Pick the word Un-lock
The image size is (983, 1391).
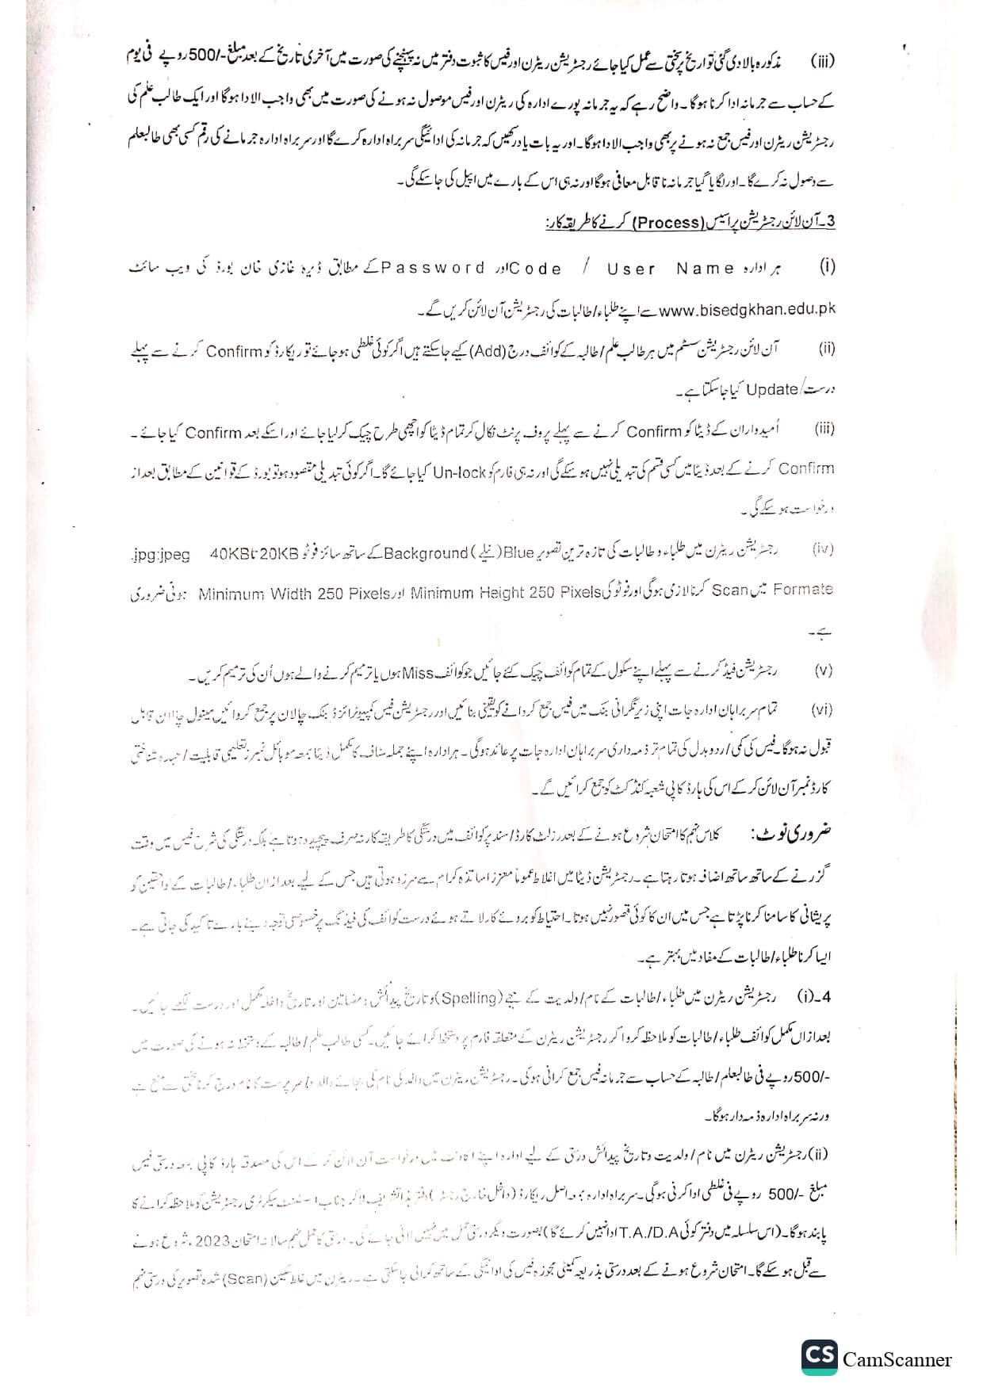(x=459, y=472)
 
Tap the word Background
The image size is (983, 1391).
(x=426, y=552)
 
